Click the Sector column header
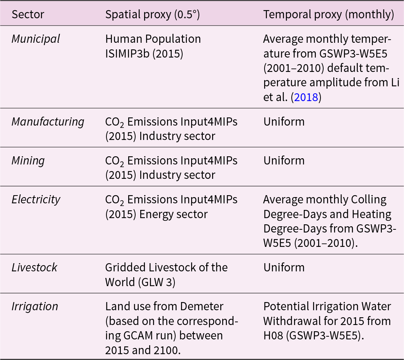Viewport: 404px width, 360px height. click(x=28, y=15)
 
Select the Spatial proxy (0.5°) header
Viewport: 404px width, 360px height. click(x=152, y=15)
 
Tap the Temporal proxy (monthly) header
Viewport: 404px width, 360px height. click(x=329, y=15)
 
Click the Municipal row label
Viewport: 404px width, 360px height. click(x=36, y=39)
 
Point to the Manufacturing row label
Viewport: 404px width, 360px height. click(x=48, y=122)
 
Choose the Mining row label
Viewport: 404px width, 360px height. click(x=28, y=161)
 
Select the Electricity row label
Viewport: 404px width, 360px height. click(x=36, y=199)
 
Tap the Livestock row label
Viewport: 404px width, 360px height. click(x=35, y=267)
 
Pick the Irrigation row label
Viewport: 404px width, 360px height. click(x=35, y=306)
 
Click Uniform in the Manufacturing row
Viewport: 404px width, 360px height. click(x=284, y=122)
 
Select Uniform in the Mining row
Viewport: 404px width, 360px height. click(x=284, y=161)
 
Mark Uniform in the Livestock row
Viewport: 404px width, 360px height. click(x=284, y=267)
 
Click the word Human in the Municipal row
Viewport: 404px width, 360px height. click(x=121, y=39)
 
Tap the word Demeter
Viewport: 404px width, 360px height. click(x=202, y=306)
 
